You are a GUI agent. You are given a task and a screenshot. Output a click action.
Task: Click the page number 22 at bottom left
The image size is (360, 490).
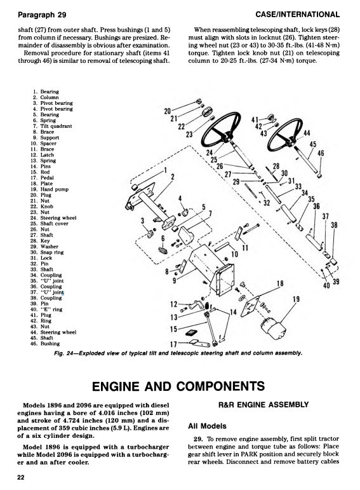21,479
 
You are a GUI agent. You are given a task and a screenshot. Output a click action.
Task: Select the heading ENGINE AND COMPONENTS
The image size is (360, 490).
180,386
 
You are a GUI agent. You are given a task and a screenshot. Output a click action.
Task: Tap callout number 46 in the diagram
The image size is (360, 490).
321,153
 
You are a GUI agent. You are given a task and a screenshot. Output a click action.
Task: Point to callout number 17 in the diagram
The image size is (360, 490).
173,345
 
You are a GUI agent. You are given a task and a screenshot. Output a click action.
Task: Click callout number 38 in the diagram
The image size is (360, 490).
335,226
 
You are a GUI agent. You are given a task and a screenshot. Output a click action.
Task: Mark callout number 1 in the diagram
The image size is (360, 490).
165,170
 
